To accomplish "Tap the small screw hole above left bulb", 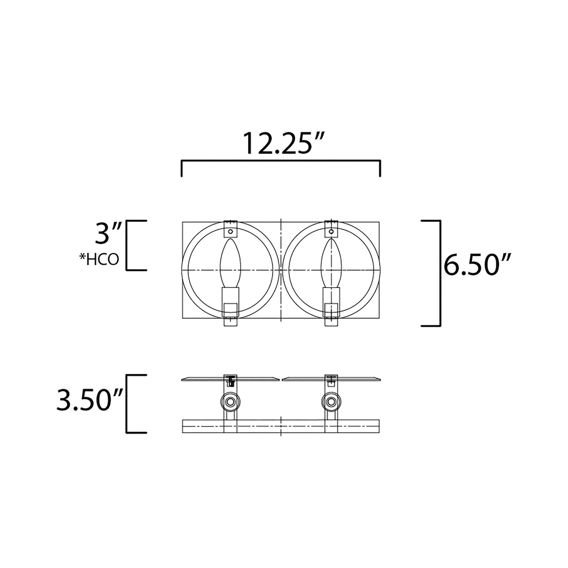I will (x=231, y=232).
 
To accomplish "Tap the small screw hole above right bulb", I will (x=331, y=232).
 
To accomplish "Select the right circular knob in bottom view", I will (x=331, y=401).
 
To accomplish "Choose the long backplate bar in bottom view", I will (x=281, y=426).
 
